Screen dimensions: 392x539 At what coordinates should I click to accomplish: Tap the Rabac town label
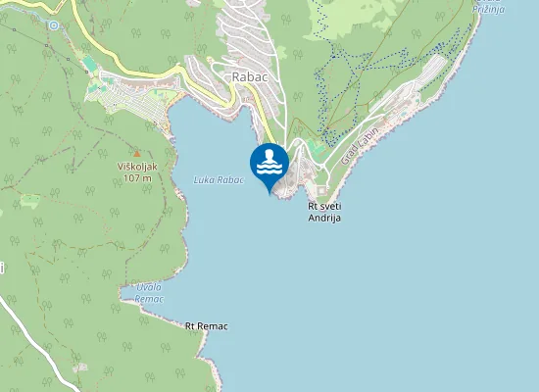click(x=249, y=75)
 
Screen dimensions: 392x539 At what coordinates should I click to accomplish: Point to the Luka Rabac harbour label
click(x=218, y=179)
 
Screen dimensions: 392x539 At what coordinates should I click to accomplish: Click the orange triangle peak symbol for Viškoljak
click(x=136, y=152)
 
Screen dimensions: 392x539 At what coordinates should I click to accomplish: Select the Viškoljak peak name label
click(x=137, y=166)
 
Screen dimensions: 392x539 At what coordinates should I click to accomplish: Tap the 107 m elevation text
click(x=137, y=177)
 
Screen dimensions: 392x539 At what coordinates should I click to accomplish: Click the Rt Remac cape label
click(x=206, y=325)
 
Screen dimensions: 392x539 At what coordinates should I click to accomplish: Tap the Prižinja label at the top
click(x=487, y=8)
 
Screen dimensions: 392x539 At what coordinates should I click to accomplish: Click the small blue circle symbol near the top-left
click(x=54, y=24)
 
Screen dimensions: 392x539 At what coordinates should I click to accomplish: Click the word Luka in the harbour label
click(x=204, y=179)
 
